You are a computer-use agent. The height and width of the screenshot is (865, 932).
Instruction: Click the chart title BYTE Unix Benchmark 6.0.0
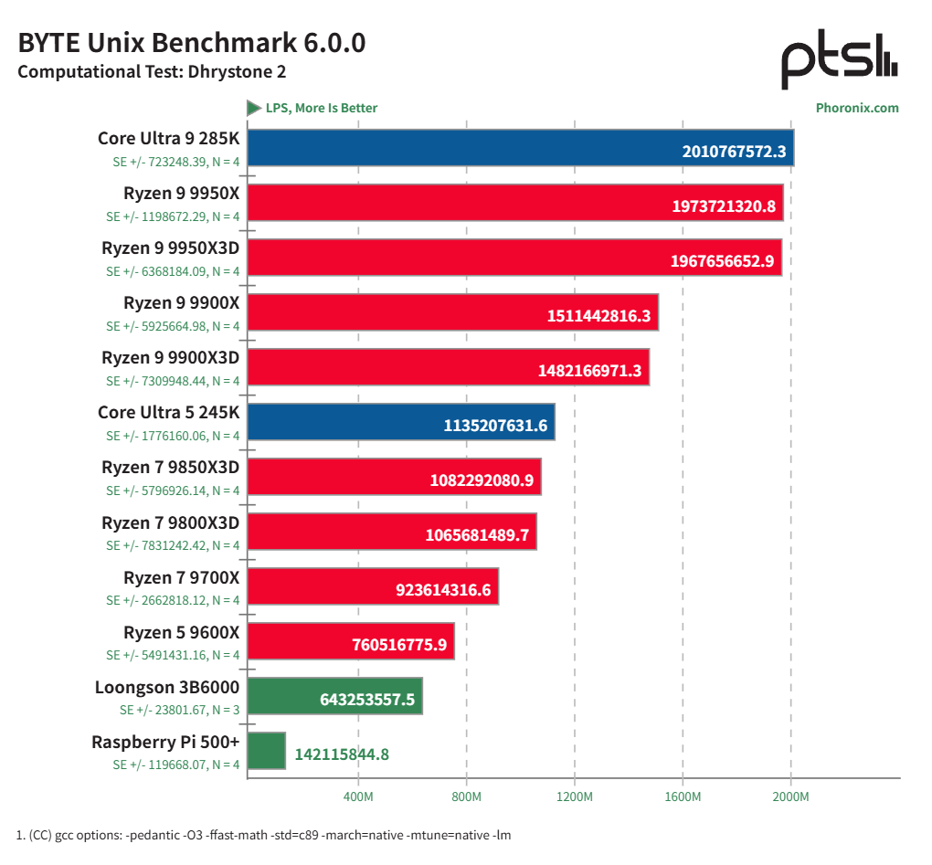192,43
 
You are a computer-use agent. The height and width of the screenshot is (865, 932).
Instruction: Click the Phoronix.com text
856,108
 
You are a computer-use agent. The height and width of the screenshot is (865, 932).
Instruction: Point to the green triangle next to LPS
254,108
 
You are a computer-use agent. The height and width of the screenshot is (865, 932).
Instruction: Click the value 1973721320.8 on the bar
724,206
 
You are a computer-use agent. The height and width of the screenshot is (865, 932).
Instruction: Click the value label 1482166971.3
590,371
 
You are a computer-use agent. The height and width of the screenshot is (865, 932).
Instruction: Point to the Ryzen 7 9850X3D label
170,467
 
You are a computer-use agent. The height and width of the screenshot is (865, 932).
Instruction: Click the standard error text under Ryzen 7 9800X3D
173,545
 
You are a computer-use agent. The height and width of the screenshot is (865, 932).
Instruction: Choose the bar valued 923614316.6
373,586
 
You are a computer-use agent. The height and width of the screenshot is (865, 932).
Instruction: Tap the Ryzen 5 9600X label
181,631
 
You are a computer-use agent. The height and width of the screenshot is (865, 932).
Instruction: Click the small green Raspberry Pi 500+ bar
266,751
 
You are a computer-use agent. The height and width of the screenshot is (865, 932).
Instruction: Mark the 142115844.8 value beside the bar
342,754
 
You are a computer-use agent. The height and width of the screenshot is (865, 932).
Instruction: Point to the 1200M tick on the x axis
574,797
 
